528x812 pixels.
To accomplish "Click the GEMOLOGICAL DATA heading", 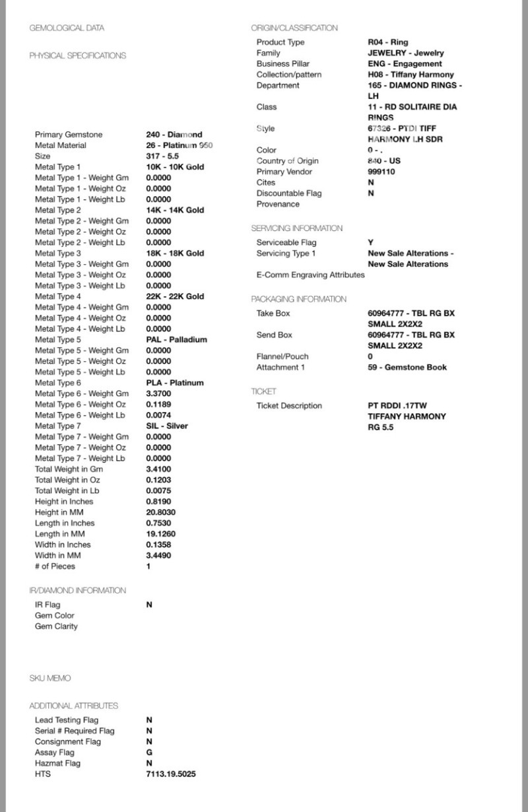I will tap(67, 28).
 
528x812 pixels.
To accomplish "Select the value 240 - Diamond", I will tap(174, 135).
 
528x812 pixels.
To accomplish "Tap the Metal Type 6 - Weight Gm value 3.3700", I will tap(158, 393).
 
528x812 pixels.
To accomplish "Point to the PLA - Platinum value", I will tap(174, 383).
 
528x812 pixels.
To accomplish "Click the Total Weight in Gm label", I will tap(69, 469).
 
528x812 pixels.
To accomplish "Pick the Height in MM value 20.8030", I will tap(160, 512).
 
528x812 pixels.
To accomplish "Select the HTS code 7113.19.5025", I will tap(170, 774).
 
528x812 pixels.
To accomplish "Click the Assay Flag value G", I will tap(149, 753).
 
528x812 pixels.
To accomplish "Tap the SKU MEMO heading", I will tap(49, 679).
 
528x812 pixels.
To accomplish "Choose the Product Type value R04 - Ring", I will tap(387, 42).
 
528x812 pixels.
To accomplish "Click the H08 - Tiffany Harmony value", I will tap(411, 75).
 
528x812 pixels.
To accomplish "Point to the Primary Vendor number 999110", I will tap(382, 172).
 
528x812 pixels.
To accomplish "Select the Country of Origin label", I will tap(287, 161).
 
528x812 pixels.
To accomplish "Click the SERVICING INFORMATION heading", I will tap(296, 228).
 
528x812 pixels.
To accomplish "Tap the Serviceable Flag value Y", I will tap(370, 243).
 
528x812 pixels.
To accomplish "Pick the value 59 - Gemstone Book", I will tap(407, 367).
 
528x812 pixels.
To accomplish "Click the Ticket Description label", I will tap(289, 406).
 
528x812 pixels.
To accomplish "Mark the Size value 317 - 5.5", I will tap(162, 156).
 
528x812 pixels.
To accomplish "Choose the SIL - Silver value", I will tap(167, 426).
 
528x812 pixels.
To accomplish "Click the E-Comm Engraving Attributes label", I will tap(310, 275).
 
